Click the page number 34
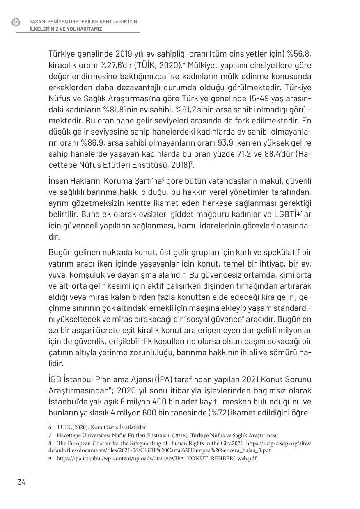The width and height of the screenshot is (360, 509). click(22, 482)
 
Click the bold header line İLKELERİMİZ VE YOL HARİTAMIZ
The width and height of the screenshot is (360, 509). click(66, 29)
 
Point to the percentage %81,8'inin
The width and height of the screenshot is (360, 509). click(146, 110)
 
